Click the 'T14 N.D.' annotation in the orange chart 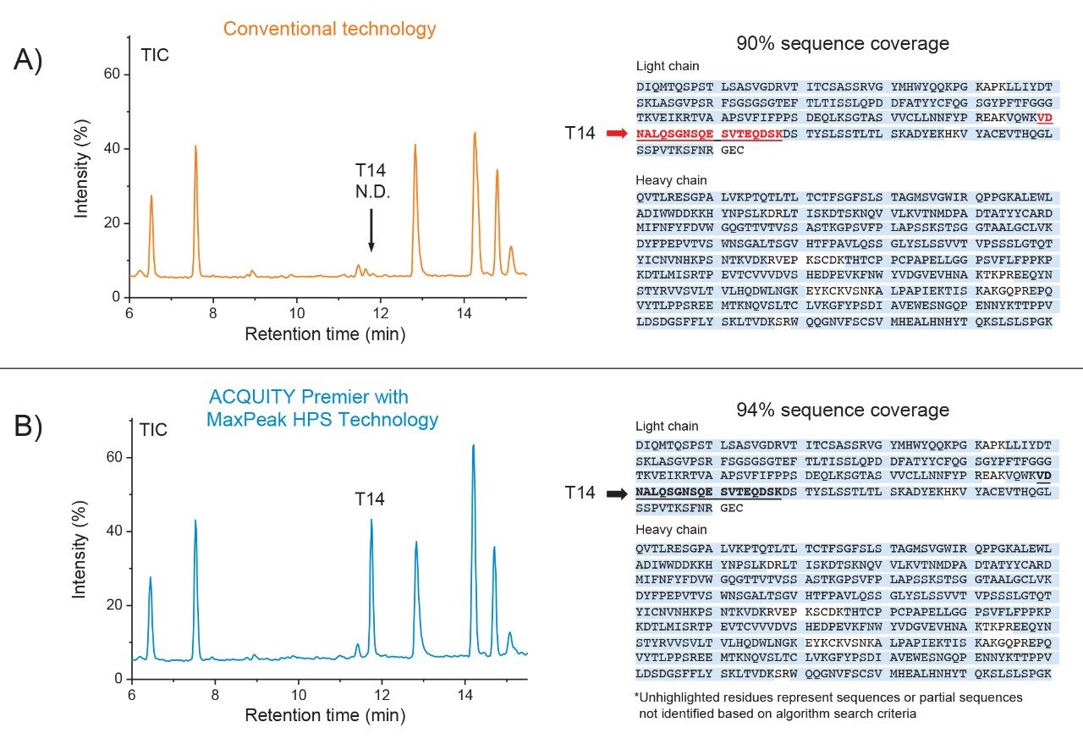(x=371, y=181)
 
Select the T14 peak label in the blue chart (x=370, y=499)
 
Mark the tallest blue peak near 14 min (x=473, y=446)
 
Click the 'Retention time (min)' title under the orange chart (x=325, y=333)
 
